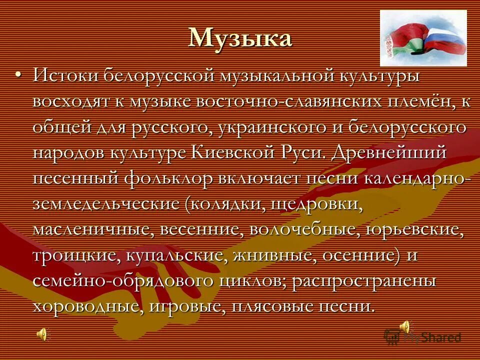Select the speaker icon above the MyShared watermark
point(405,327)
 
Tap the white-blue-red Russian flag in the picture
point(445,40)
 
